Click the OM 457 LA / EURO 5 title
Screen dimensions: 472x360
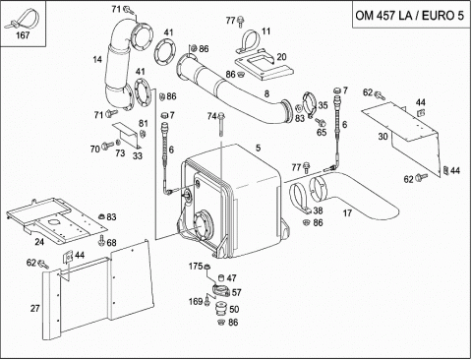pos(410,16)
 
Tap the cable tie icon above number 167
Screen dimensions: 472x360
pos(23,20)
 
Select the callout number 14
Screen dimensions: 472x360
pos(97,60)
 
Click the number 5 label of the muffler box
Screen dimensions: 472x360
pos(259,149)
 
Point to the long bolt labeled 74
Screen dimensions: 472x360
pos(221,125)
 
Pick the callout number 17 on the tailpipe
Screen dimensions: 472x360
pos(347,213)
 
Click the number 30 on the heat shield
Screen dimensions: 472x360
pos(383,137)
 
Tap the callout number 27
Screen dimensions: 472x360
pos(35,309)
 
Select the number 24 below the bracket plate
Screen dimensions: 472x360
pos(39,242)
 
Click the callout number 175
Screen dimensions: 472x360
pos(196,266)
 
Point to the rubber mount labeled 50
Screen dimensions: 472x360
pos(221,310)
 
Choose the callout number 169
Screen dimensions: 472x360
pos(196,301)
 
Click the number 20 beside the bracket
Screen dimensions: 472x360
pos(281,57)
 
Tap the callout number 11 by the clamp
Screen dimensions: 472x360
pos(266,31)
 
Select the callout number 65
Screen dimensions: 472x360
pos(322,132)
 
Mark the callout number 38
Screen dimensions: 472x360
pos(318,210)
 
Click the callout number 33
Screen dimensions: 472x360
pos(138,155)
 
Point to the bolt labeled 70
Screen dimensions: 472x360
pos(106,146)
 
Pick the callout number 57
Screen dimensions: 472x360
pos(236,292)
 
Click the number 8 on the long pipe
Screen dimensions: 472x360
pos(266,94)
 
